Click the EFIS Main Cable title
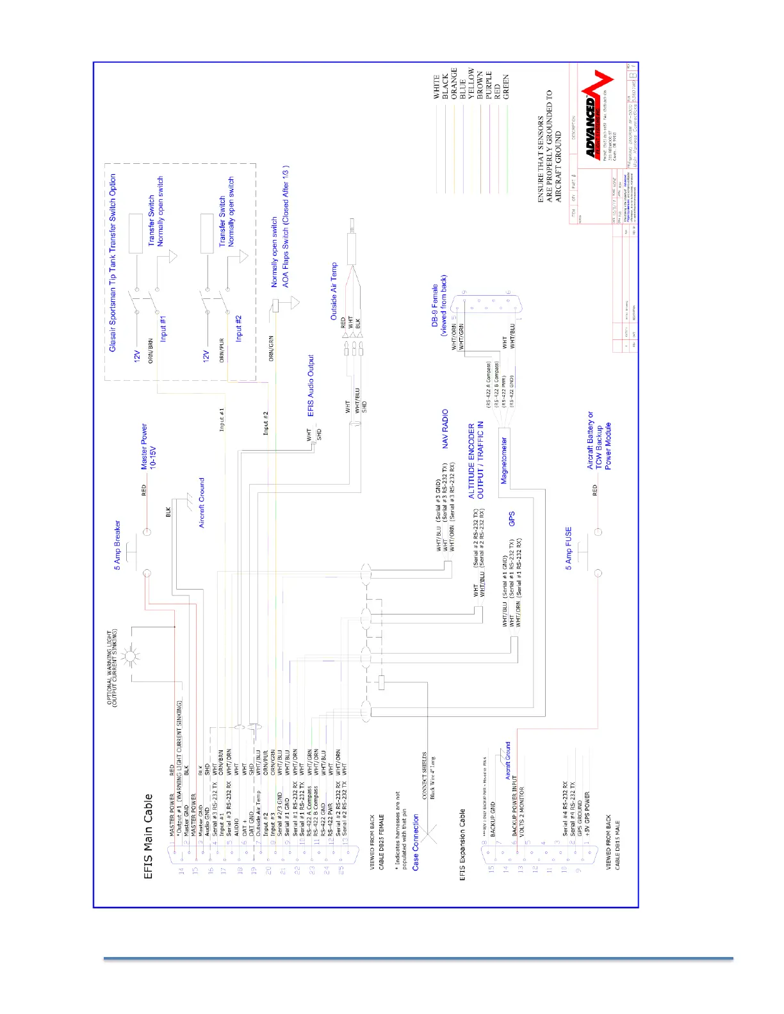149,836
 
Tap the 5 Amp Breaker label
117,545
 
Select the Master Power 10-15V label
148,446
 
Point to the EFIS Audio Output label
311,386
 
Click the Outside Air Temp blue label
334,291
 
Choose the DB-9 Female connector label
439,310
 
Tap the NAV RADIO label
445,429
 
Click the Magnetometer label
504,461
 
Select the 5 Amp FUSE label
568,549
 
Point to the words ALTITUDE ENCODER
472,461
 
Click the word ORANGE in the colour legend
454,83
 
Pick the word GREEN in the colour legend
506,86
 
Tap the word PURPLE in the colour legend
489,84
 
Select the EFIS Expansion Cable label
462,845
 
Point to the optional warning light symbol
131,656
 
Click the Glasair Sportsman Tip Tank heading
113,262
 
